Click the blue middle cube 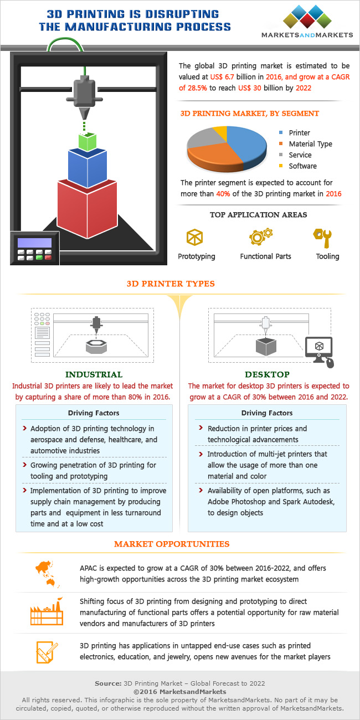coord(87,166)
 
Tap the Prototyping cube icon coord(194,237)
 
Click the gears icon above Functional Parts coord(260,236)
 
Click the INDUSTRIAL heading coord(94,374)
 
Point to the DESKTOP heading coord(269,374)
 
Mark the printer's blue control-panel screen coord(34,243)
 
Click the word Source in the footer coord(108,683)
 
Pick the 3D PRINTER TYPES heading coord(170,284)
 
